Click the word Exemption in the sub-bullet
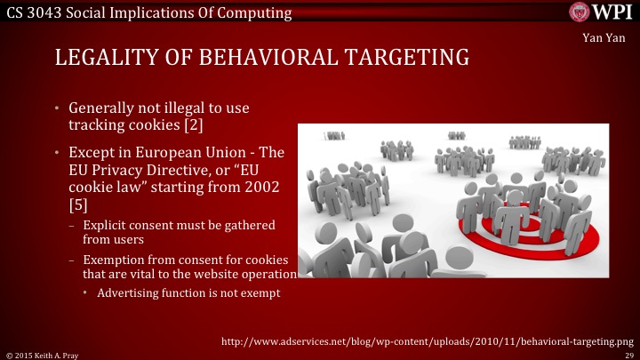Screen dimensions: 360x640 (111, 259)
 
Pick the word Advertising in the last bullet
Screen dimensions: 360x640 (129, 293)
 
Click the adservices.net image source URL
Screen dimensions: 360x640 (428, 340)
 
